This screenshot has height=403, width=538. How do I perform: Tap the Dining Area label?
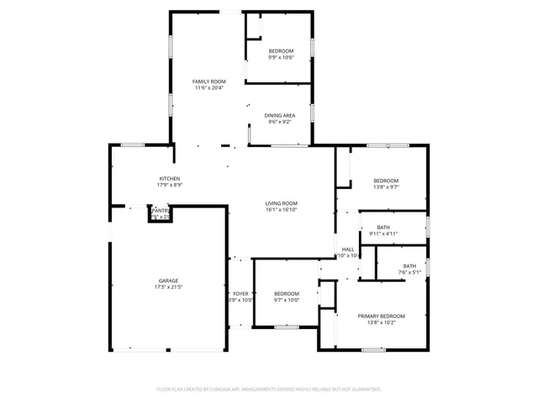pyautogui.click(x=280, y=116)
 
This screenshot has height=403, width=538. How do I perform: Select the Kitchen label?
pyautogui.click(x=171, y=179)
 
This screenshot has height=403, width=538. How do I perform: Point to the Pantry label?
pyautogui.click(x=160, y=211)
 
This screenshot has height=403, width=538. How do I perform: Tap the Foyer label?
pyautogui.click(x=240, y=293)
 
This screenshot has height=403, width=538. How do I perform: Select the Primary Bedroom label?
pyautogui.click(x=382, y=316)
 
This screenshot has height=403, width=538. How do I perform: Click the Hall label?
pyautogui.click(x=348, y=249)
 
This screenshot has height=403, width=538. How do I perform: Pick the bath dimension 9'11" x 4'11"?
pyautogui.click(x=383, y=233)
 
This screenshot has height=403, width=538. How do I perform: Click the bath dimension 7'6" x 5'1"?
pyautogui.click(x=409, y=272)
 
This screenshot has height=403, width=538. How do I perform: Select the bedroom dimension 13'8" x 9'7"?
pyautogui.click(x=386, y=186)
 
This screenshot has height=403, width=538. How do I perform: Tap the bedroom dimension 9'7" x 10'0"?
pyautogui.click(x=287, y=300)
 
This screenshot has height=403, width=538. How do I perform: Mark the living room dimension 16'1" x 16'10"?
pyautogui.click(x=282, y=211)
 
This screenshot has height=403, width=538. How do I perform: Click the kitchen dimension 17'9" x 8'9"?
pyautogui.click(x=171, y=186)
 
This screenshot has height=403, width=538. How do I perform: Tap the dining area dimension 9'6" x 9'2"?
pyautogui.click(x=280, y=123)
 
